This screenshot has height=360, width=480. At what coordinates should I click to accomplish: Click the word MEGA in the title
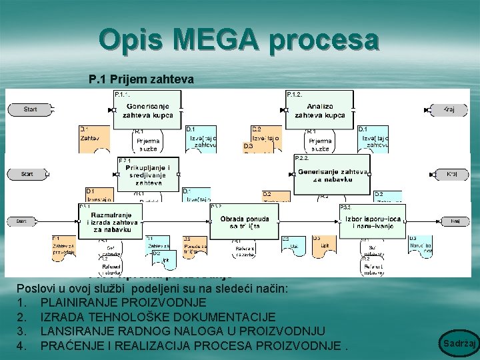pyautogui.click(x=239, y=40)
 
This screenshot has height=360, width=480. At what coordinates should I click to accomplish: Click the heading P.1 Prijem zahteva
pyautogui.click(x=141, y=80)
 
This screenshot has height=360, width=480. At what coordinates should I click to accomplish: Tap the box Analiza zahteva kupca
pyautogui.click(x=320, y=110)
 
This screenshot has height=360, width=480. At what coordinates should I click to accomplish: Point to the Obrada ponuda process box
pyautogui.click(x=244, y=222)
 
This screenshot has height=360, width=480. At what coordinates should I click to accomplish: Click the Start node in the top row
pyautogui.click(x=30, y=109)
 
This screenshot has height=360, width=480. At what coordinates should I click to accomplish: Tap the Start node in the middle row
pyautogui.click(x=27, y=174)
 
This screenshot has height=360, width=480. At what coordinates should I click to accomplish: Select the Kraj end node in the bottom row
pyautogui.click(x=455, y=221)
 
